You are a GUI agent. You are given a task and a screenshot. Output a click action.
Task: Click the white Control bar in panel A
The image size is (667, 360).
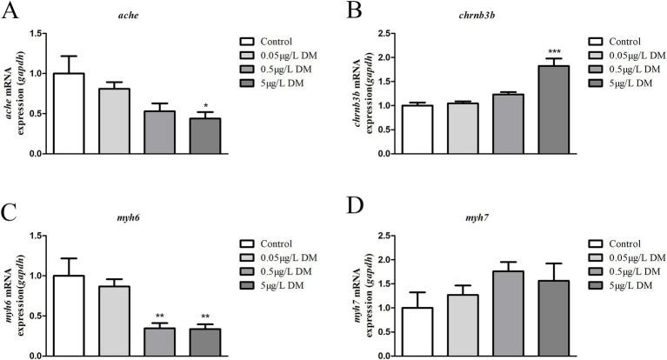68,113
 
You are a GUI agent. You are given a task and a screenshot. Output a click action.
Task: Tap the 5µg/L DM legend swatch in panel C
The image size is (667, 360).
250,285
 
